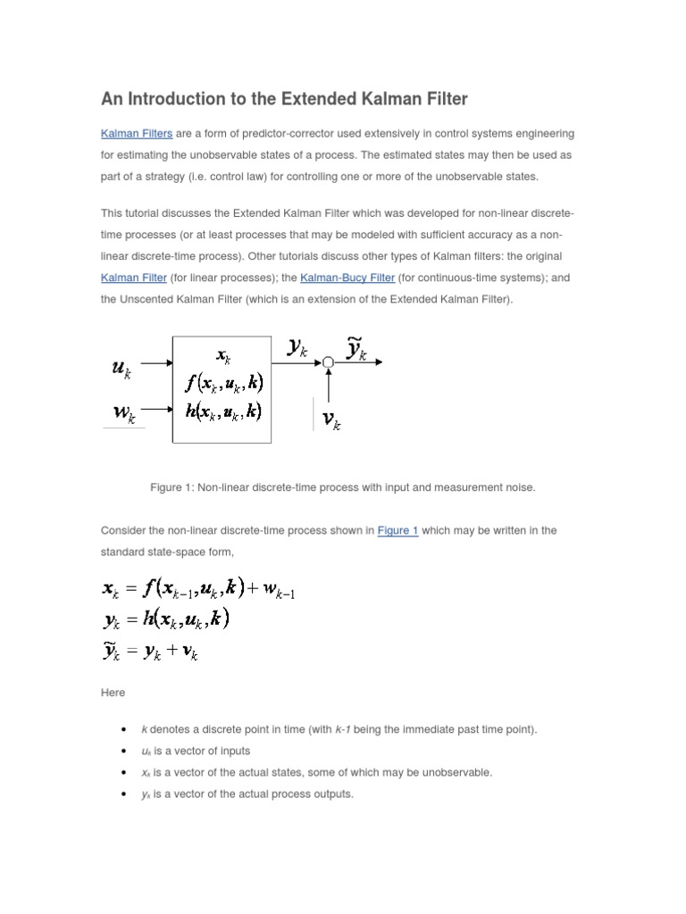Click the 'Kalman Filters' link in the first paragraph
[137, 134]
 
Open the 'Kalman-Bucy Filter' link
[347, 278]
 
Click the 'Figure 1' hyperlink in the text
[397, 530]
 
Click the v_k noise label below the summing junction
[330, 420]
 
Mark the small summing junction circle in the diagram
[328, 362]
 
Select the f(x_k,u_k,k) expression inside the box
[223, 384]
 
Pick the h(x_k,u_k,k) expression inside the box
[223, 411]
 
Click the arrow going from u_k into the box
[156, 363]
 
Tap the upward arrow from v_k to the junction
[329, 384]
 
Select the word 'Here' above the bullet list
[113, 693]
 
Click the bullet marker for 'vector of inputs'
[121, 751]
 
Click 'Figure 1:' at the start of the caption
[173, 487]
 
